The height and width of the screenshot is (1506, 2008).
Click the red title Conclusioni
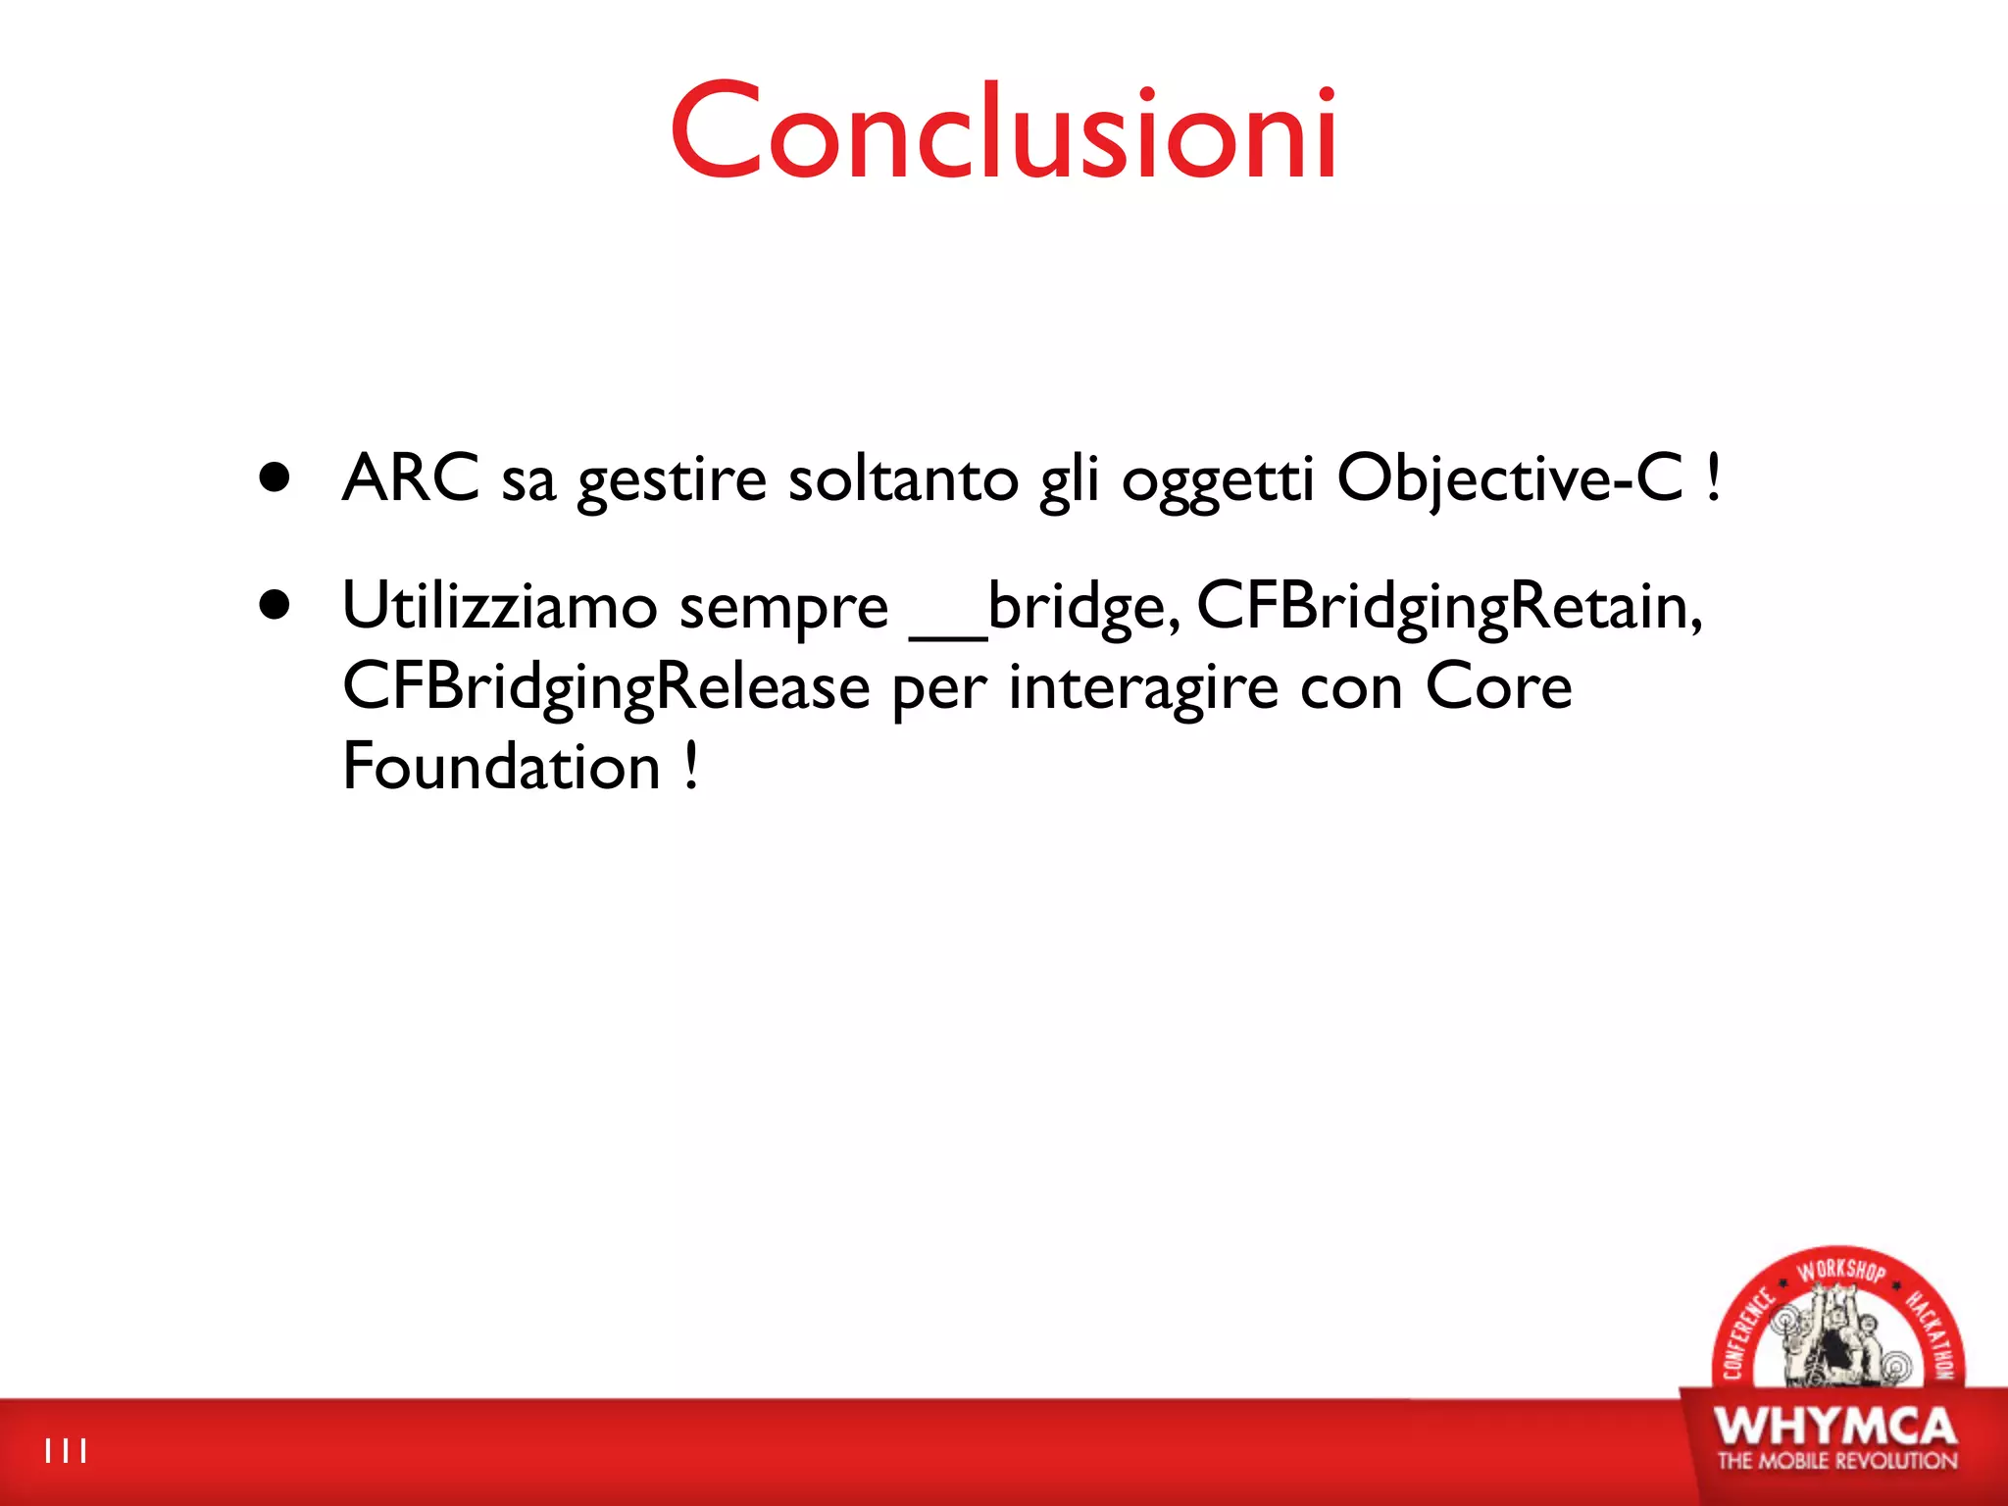point(1003,131)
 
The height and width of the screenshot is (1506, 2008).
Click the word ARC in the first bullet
point(411,478)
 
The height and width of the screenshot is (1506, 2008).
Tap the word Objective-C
point(1510,478)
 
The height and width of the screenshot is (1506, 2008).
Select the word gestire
point(672,480)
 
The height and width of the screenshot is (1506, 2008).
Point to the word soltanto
point(903,478)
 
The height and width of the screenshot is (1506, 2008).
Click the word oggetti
point(1217,480)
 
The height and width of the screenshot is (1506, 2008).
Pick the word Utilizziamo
point(499,606)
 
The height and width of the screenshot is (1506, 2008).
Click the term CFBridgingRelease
point(606,686)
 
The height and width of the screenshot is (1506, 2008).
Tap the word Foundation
point(501,766)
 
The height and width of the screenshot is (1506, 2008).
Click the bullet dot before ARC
point(276,477)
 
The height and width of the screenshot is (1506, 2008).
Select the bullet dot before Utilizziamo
point(276,605)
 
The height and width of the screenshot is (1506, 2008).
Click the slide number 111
point(66,1451)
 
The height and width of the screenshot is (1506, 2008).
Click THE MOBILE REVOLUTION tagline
point(1836,1461)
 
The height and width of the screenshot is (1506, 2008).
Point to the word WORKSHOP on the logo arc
point(1841,1271)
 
